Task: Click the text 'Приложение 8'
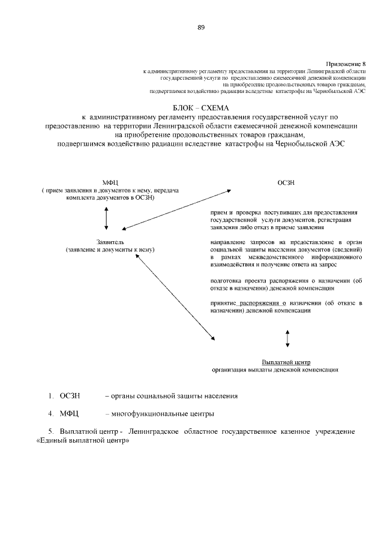(x=346, y=64)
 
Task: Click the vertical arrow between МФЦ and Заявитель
(x=106, y=218)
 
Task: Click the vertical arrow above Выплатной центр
(x=288, y=338)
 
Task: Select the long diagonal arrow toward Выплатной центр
(x=176, y=298)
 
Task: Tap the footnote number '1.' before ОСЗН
(x=52, y=396)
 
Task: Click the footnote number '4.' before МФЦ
(x=52, y=414)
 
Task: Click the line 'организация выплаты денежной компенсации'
(x=271, y=370)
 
